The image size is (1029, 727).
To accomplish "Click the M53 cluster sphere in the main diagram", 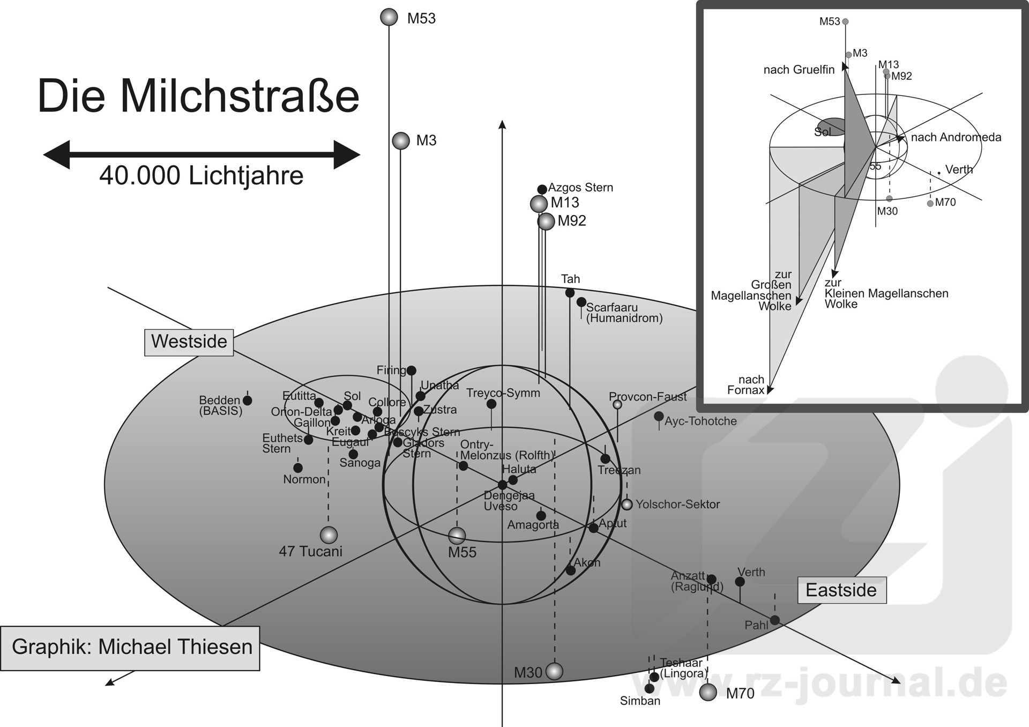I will click(389, 17).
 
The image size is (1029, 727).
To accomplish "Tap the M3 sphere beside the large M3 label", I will click(400, 140).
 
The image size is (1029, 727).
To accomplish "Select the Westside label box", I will click(189, 342).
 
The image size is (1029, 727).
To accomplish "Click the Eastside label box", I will click(841, 590).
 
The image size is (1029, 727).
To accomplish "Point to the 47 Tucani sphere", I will click(329, 535).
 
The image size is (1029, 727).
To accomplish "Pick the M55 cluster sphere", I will click(457, 535).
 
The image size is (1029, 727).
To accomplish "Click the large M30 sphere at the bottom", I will click(554, 671).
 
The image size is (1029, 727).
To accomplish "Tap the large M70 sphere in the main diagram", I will click(708, 692).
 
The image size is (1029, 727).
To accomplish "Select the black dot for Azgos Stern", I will click(542, 189).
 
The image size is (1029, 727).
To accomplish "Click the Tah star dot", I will click(570, 293).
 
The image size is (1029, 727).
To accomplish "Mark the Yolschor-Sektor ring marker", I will click(627, 505).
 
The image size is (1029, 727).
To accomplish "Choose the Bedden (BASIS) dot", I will click(247, 400).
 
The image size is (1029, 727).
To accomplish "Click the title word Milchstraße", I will click(240, 97).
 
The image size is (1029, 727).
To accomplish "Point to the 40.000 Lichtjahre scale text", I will click(201, 176).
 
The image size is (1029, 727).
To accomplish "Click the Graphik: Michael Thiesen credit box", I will click(130, 648).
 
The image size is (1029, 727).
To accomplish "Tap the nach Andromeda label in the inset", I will click(956, 137).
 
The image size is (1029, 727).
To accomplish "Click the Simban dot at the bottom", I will click(650, 688).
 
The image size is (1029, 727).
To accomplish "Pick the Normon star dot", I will click(298, 468).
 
